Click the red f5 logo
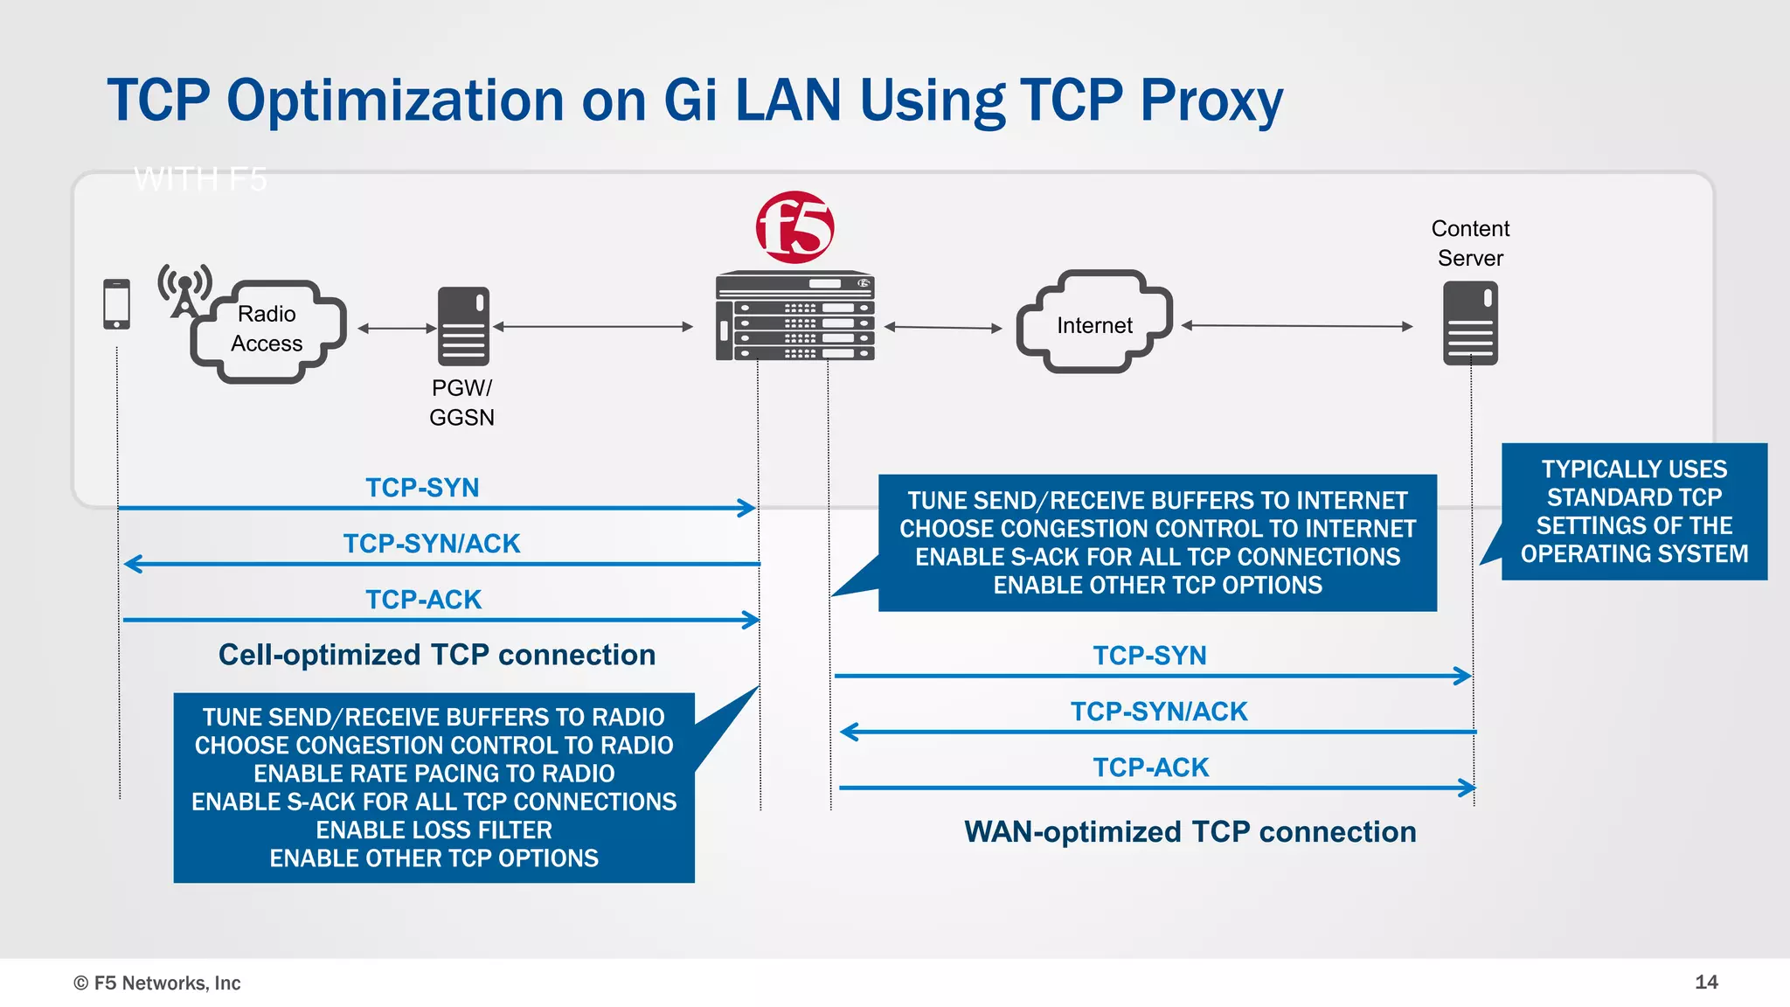(x=794, y=227)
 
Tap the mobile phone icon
(x=116, y=304)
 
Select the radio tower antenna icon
(x=184, y=290)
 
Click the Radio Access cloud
(x=268, y=330)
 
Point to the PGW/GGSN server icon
(x=463, y=326)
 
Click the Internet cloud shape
(x=1093, y=323)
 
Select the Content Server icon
(x=1470, y=323)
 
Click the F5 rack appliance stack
(x=794, y=316)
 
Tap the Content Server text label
(x=1470, y=243)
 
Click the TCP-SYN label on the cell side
(x=422, y=487)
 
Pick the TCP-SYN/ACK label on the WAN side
(x=1159, y=712)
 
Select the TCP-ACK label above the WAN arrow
(x=1150, y=767)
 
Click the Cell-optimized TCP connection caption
(x=437, y=655)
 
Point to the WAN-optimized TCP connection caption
(x=1190, y=831)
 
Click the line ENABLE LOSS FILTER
(x=434, y=830)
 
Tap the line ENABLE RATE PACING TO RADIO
(x=434, y=774)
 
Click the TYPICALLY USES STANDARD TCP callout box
(x=1634, y=511)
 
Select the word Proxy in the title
(x=1211, y=101)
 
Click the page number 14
(x=1705, y=982)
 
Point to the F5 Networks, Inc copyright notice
(x=157, y=983)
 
